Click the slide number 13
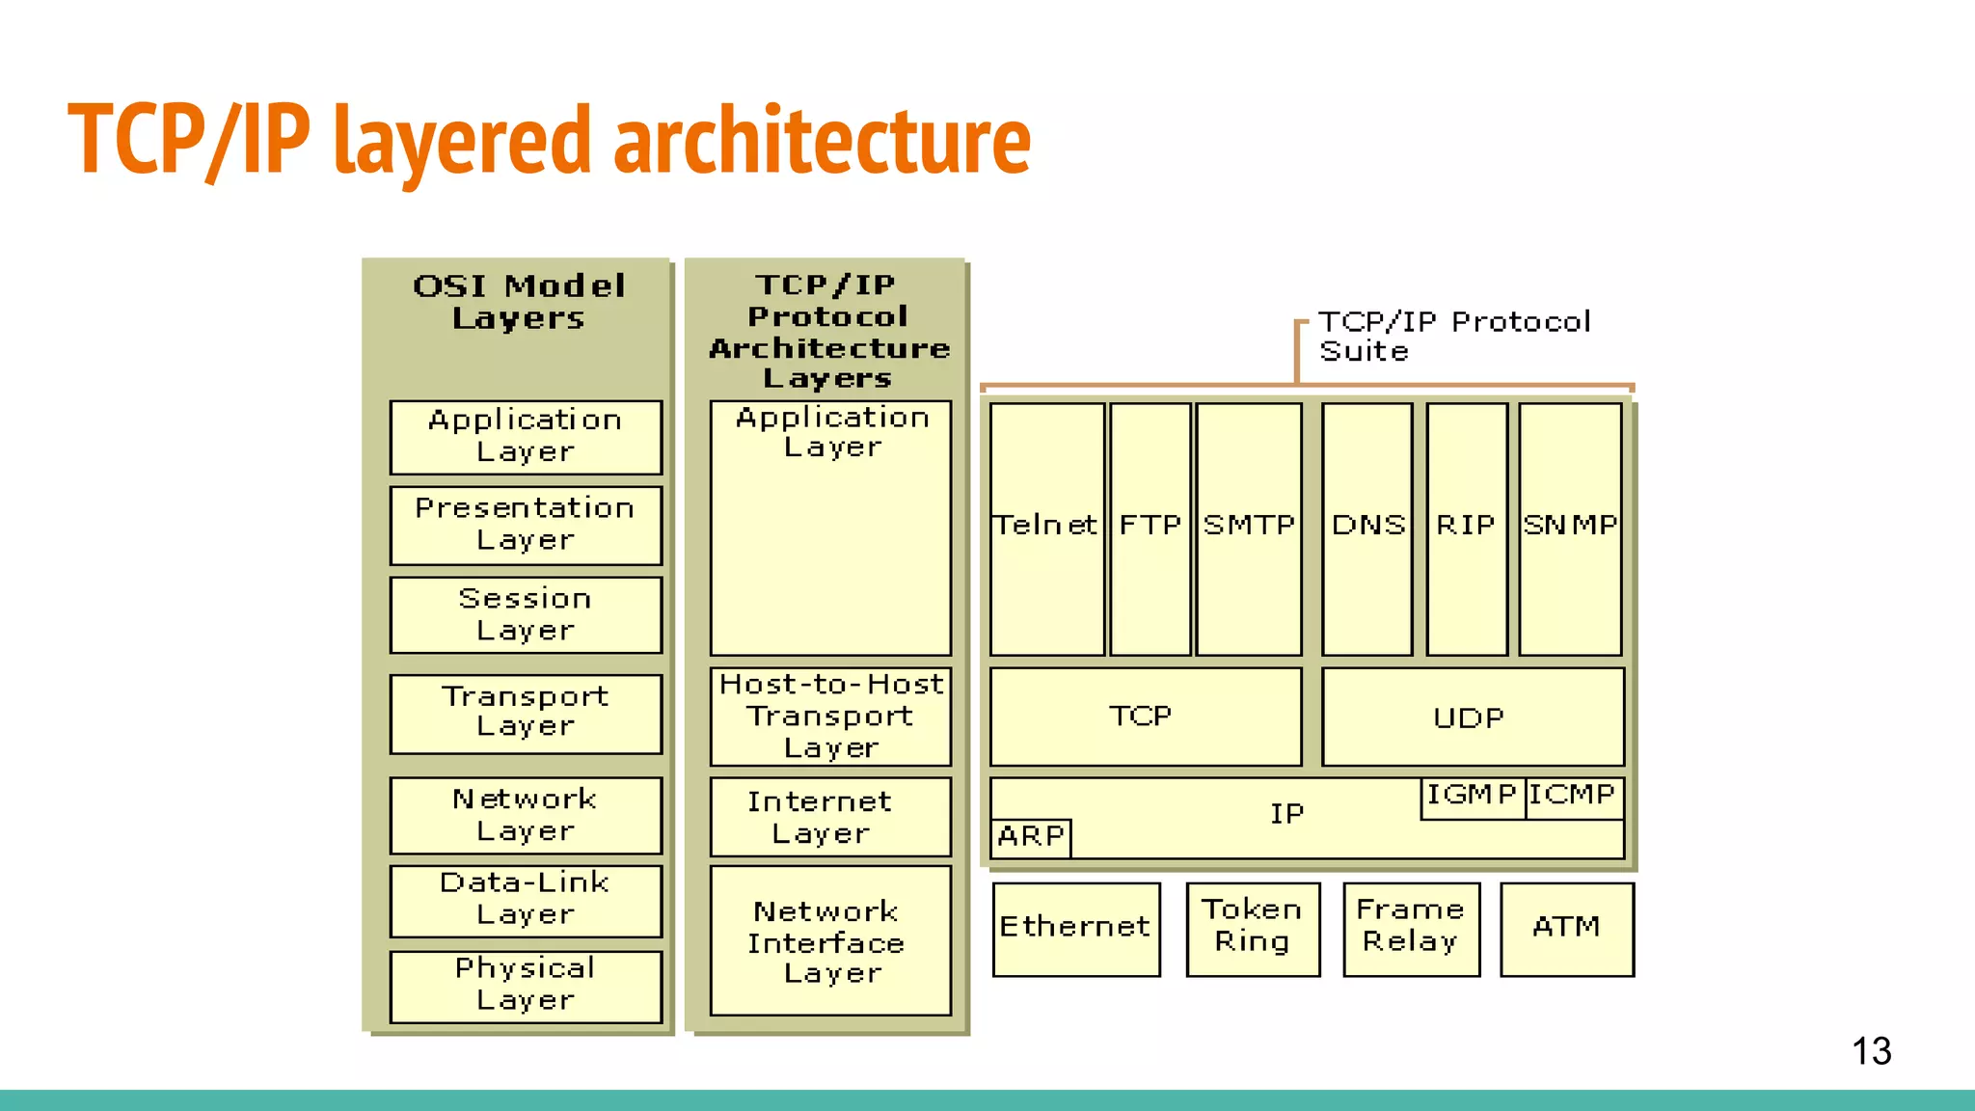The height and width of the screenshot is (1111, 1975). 1871,1051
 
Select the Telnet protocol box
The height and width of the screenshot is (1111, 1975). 1046,528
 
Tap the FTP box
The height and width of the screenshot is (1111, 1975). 1150,528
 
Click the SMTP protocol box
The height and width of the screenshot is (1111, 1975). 1249,528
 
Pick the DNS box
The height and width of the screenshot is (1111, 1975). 1367,528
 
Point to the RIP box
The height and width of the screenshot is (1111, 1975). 1467,528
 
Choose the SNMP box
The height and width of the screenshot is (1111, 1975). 1570,528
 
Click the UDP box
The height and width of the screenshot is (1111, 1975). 1472,718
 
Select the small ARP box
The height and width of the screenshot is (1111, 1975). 1031,836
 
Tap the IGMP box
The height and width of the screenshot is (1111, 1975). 1472,797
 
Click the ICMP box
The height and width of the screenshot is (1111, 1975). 1574,797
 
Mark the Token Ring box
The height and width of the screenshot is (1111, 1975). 1253,929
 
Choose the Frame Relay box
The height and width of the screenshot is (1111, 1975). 1411,929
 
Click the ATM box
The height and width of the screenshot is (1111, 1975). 1567,929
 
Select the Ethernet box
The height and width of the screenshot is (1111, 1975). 1076,929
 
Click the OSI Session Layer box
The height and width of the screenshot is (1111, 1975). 526,614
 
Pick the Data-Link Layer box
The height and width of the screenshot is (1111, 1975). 526,900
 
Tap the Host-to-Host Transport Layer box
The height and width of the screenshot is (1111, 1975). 830,717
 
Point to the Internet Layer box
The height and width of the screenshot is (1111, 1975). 830,817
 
